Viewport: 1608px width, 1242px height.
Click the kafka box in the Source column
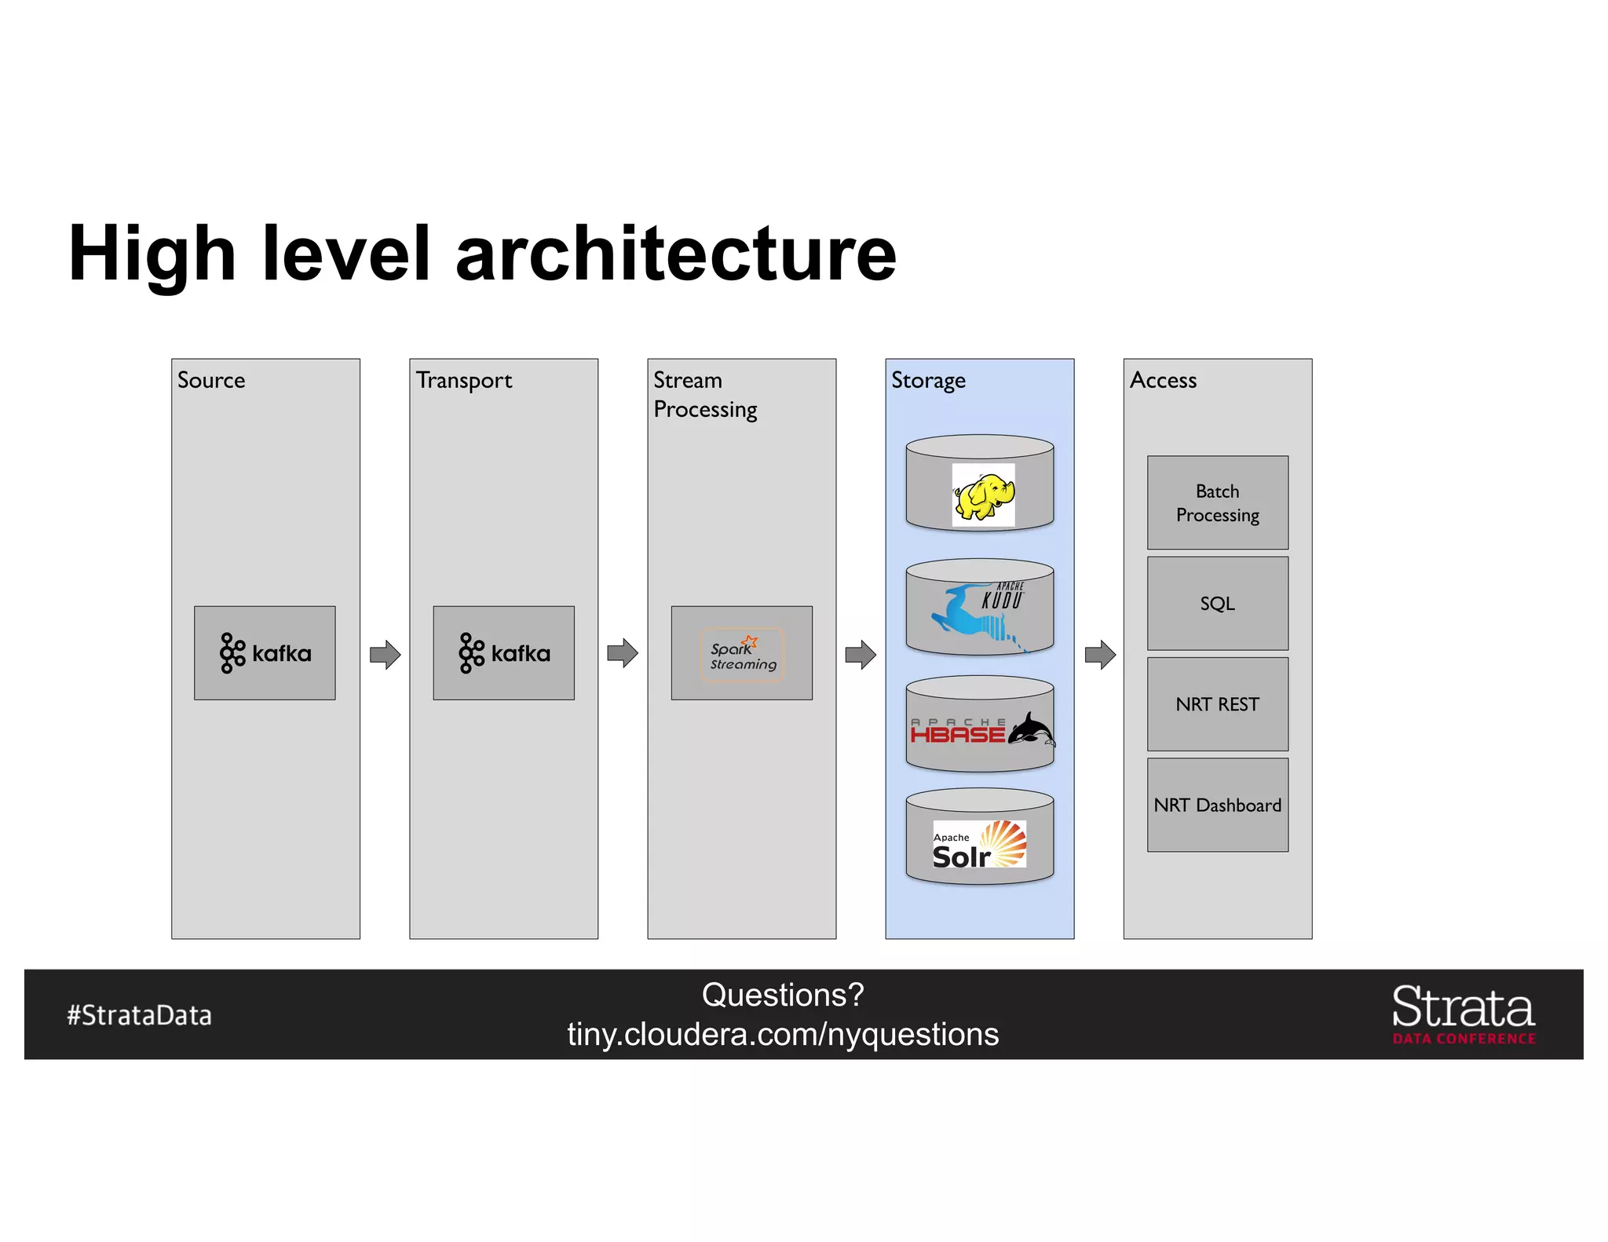click(265, 652)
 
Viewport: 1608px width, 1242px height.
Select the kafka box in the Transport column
click(503, 652)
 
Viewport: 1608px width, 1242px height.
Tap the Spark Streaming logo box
click(741, 652)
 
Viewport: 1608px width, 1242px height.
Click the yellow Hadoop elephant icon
click(983, 495)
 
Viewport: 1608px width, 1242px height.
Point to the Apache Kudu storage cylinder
click(979, 607)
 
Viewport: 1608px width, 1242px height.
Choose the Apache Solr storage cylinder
click(979, 838)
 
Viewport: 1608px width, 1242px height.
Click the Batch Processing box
click(1217, 502)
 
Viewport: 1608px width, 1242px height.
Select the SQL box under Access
click(1217, 603)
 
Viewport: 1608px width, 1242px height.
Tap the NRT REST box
click(1217, 704)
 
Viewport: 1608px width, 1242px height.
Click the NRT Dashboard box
click(1217, 805)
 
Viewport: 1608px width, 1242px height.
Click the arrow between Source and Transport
click(385, 654)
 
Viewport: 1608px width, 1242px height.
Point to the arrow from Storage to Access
click(1099, 654)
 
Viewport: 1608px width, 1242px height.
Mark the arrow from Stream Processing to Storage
click(861, 654)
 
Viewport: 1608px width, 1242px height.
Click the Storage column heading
click(928, 381)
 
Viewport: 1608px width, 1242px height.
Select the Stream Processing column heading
click(704, 395)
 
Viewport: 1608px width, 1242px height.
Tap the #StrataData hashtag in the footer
click(139, 1015)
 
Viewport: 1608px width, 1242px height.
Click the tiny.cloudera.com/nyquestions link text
click(783, 1035)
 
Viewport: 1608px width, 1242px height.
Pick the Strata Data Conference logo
click(1463, 1014)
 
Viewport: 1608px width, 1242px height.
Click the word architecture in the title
click(675, 253)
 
